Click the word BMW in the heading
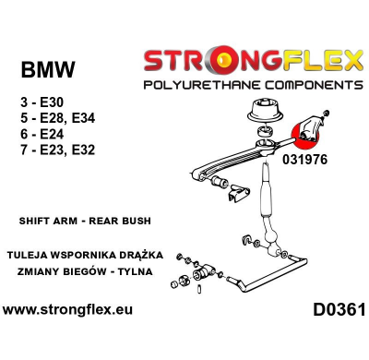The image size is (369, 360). pos(48,70)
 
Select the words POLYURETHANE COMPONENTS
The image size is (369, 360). pos(252,84)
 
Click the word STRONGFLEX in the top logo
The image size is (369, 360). pos(252,63)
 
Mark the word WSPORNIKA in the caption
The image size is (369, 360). pos(94,254)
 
